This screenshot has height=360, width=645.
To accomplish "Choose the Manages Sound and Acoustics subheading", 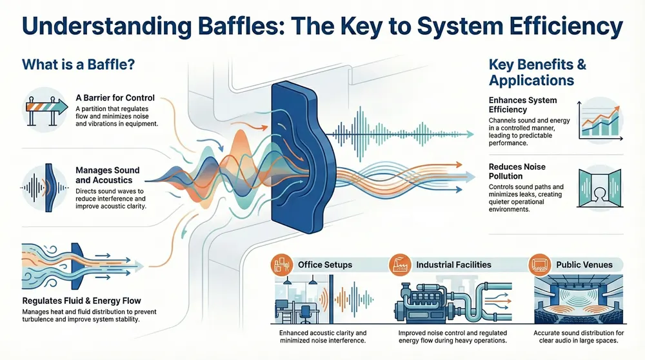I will click(x=108, y=175).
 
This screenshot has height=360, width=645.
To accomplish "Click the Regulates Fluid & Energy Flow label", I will click(x=81, y=301).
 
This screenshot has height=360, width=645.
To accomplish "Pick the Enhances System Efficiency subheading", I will click(x=522, y=105).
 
